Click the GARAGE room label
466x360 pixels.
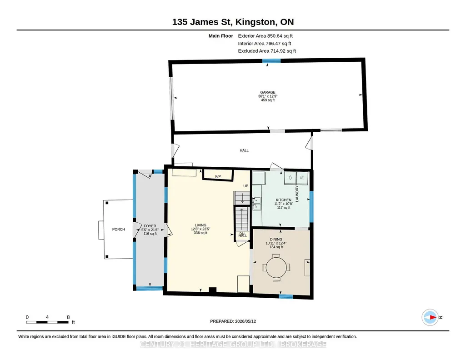(x=267, y=92)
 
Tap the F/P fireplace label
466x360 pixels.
(x=218, y=176)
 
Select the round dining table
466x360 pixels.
(x=276, y=267)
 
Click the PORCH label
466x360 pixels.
(x=119, y=229)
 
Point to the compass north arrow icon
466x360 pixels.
(x=430, y=317)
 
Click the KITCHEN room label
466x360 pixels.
(x=284, y=200)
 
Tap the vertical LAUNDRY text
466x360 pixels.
(x=297, y=194)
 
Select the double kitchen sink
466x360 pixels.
(x=257, y=204)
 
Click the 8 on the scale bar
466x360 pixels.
(x=68, y=317)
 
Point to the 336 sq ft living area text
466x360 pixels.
(x=200, y=233)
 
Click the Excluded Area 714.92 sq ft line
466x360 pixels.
(x=267, y=51)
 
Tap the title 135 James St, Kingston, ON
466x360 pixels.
(x=233, y=22)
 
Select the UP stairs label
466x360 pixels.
(x=246, y=186)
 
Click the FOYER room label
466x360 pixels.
(x=150, y=226)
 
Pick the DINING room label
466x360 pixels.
(x=276, y=239)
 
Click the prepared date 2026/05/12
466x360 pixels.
(x=246, y=321)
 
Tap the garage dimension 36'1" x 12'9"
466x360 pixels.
(x=267, y=96)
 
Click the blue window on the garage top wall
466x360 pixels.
(x=271, y=61)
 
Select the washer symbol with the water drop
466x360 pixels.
(x=290, y=178)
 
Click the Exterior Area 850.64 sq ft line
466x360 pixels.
(x=266, y=36)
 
